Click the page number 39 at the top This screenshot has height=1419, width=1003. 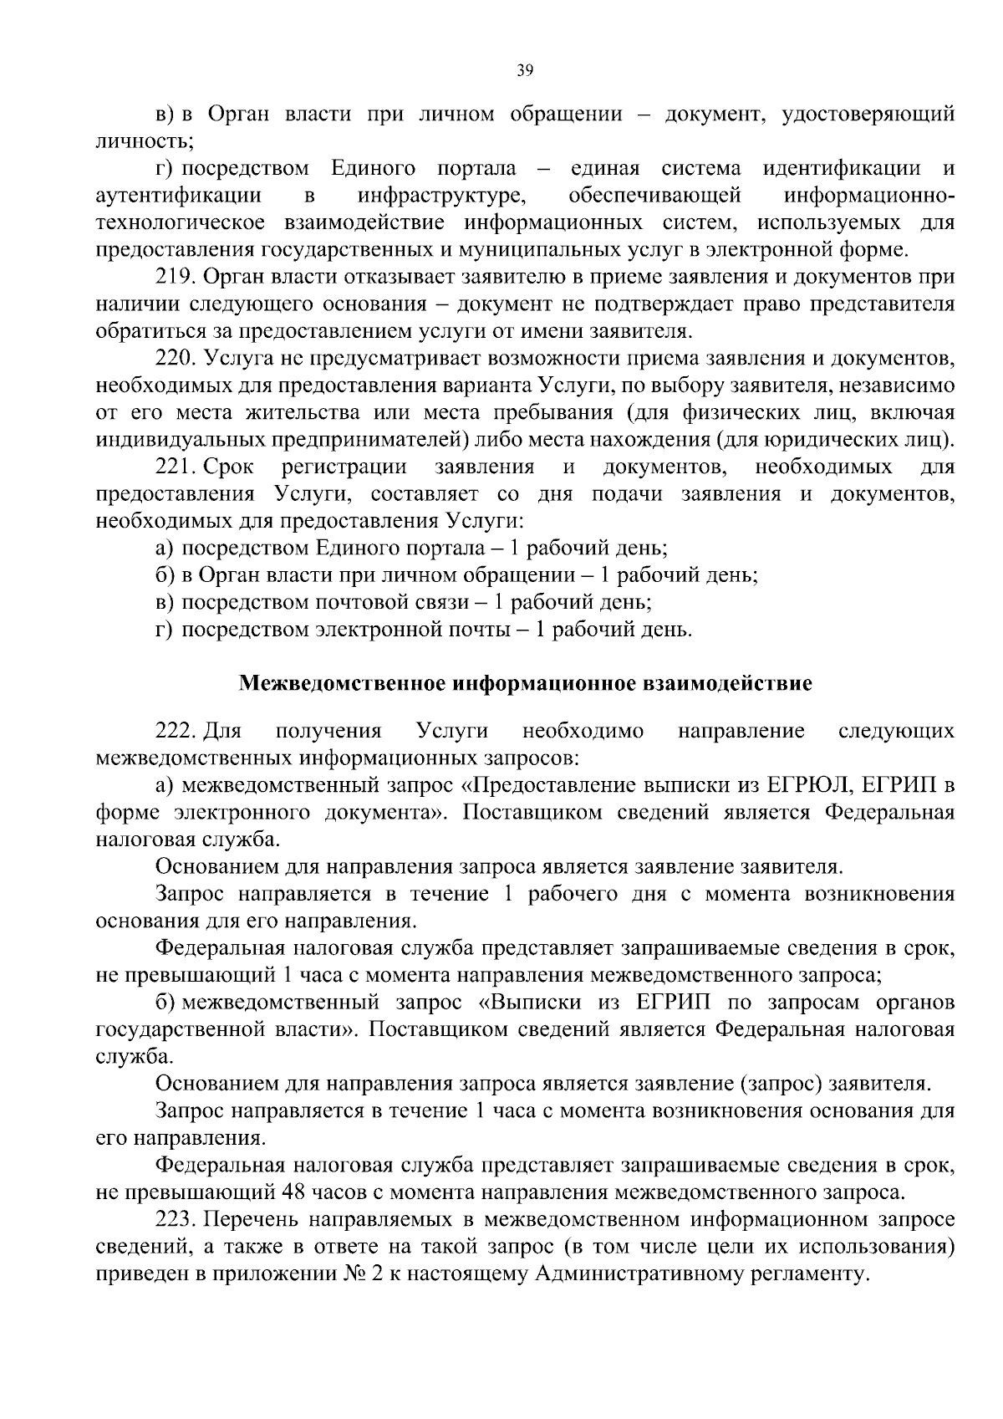click(x=525, y=71)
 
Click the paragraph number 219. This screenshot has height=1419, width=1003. click(x=176, y=277)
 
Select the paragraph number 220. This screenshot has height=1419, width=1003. click(x=176, y=359)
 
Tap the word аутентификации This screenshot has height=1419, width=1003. click(x=179, y=196)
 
